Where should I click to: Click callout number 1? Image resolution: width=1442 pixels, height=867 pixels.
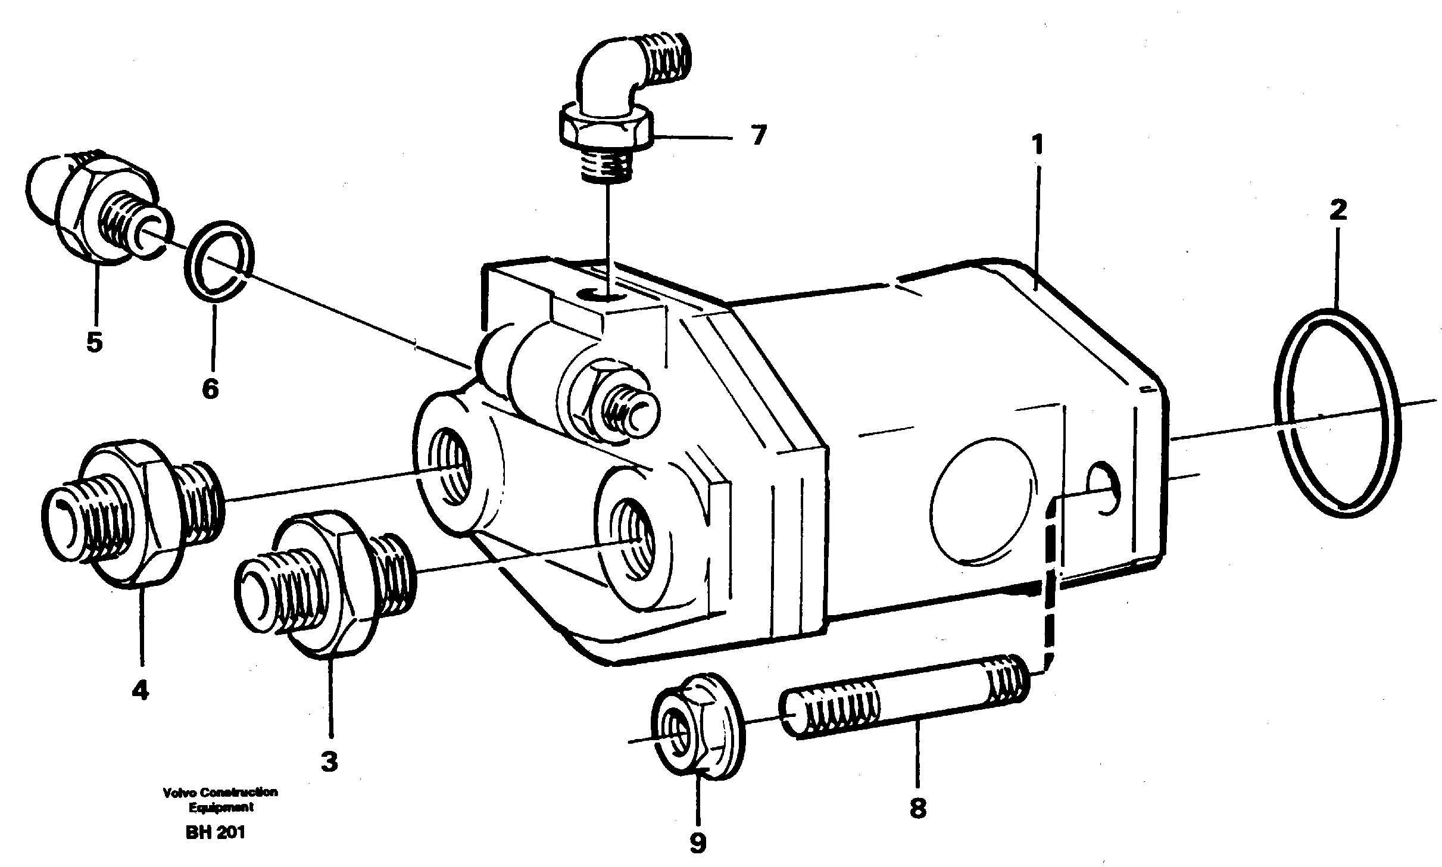[x=1038, y=145]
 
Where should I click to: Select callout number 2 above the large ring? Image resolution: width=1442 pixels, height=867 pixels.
[x=1338, y=210]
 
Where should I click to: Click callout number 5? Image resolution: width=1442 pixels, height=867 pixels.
[x=94, y=342]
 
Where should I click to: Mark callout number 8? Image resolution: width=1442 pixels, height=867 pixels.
[x=917, y=808]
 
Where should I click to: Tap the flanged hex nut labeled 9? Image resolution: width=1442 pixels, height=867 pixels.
[x=698, y=732]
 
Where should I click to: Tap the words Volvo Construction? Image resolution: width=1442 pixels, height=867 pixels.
[x=220, y=793]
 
